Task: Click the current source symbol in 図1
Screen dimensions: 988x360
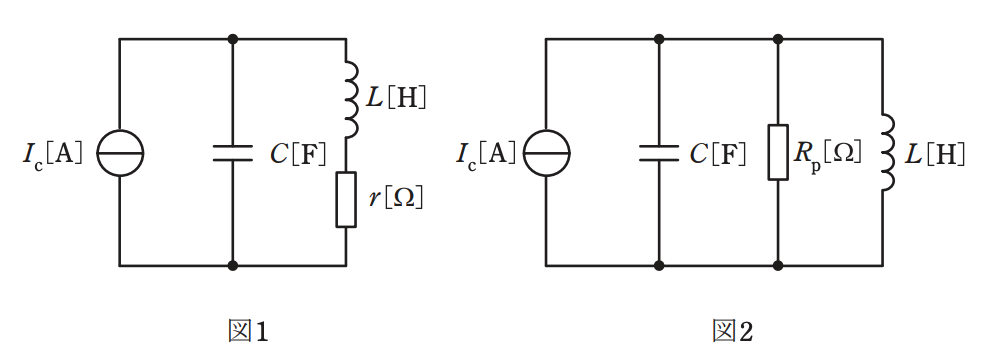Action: [120, 153]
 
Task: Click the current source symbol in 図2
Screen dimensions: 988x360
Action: [546, 153]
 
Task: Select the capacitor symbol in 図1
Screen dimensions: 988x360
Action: [233, 153]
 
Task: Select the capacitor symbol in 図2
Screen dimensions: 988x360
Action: [659, 153]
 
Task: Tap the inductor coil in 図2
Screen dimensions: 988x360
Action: [887, 153]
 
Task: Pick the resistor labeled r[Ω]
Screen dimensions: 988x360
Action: [346, 199]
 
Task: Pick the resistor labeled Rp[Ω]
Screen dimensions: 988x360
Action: [778, 153]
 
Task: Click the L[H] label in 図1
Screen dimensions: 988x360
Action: [396, 98]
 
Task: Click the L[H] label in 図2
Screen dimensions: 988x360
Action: [934, 153]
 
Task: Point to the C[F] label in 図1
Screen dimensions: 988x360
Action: [298, 153]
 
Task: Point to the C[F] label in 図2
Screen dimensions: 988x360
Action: [718, 153]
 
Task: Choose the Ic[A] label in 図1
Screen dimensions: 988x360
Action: [53, 153]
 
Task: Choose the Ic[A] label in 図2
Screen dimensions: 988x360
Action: [486, 153]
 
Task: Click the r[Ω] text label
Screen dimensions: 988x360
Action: [396, 199]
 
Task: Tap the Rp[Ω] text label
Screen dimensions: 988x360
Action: [827, 154]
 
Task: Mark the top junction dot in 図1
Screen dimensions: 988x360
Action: [233, 39]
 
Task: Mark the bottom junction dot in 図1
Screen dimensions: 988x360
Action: [233, 265]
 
